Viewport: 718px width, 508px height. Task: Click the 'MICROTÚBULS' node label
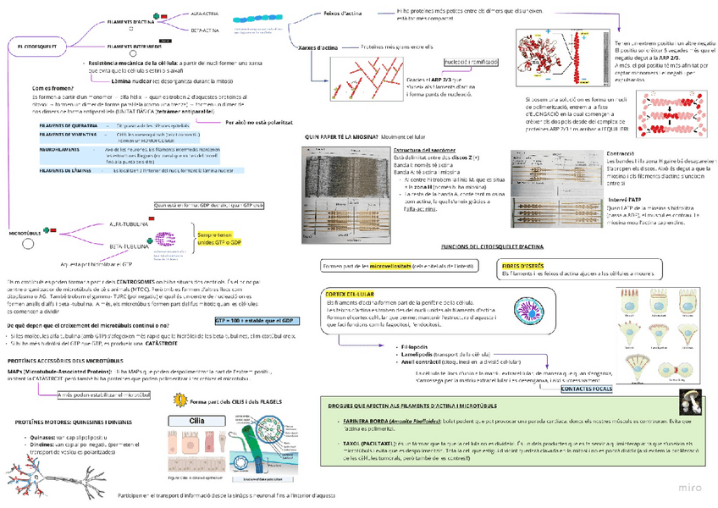pos(25,232)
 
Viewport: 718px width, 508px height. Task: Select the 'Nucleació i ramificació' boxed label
pos(471,63)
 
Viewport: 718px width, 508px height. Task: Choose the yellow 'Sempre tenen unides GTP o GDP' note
pos(219,239)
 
